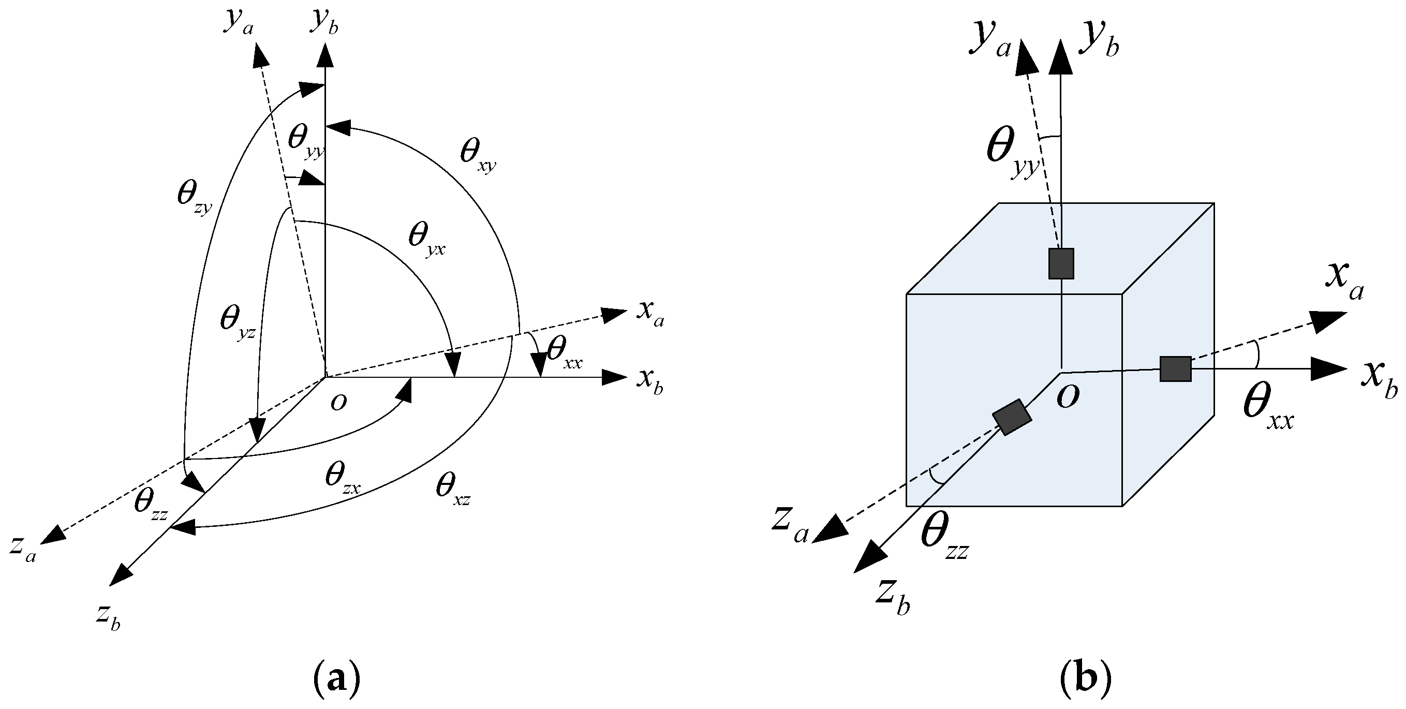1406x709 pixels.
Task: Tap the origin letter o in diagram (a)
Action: pyautogui.click(x=338, y=403)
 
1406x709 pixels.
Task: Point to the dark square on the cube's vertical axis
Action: pyautogui.click(x=1061, y=263)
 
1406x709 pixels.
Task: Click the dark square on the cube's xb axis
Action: pyautogui.click(x=1175, y=368)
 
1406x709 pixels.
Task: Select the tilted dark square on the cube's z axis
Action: pyautogui.click(x=1012, y=418)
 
